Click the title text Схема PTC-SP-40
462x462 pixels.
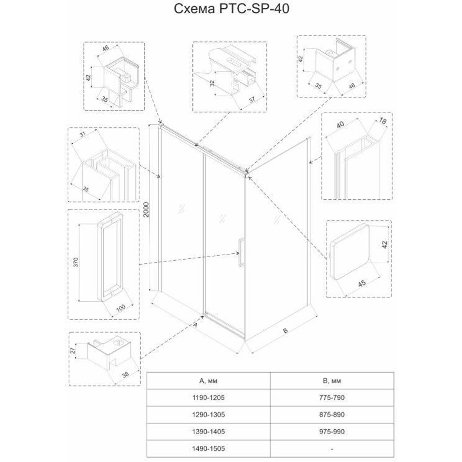click(232, 9)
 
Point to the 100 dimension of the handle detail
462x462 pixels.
click(121, 308)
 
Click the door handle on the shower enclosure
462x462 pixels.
click(241, 251)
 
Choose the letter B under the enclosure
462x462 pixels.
click(285, 331)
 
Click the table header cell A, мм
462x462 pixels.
click(208, 381)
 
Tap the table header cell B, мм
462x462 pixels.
click(332, 381)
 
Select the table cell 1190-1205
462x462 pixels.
click(208, 398)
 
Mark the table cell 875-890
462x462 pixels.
click(332, 415)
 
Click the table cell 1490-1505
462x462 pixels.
click(208, 448)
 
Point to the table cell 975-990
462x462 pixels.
click(332, 432)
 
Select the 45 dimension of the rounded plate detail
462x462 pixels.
click(362, 283)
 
